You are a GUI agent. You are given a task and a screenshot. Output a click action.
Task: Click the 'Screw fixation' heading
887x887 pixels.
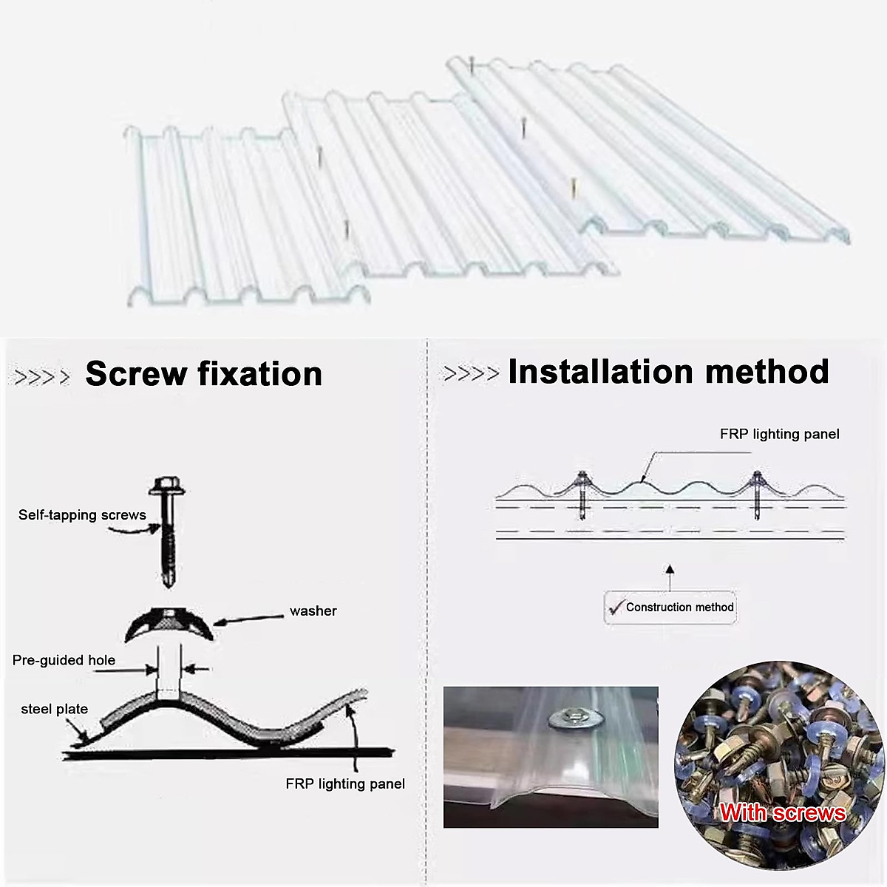coord(203,374)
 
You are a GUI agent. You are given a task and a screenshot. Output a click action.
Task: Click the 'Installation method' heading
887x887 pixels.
coord(668,372)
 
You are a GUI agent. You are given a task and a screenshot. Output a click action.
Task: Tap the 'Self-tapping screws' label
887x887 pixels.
coord(82,515)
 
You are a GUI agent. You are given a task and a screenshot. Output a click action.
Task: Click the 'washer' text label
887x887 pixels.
coord(313,611)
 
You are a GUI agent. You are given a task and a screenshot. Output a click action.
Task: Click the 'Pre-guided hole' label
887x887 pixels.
coord(64,660)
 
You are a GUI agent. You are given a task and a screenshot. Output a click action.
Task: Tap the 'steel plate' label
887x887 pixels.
coord(54,709)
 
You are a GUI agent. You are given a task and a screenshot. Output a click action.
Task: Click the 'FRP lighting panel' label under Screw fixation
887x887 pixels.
coord(345,784)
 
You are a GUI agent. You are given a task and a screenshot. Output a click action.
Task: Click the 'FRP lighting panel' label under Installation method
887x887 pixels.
coord(779,434)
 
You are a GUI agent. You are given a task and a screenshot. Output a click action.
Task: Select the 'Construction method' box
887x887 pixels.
coord(670,608)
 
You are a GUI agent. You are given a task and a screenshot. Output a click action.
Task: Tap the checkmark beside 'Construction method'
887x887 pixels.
coord(615,608)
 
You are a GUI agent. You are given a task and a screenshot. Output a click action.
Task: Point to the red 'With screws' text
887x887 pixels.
coord(782,813)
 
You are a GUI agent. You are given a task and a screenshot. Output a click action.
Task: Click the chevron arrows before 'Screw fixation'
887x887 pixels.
coord(42,377)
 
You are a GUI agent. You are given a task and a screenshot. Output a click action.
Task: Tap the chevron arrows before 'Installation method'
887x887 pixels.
coord(471,374)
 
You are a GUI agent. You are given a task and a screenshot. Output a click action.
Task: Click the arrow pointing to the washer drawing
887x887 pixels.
coord(248,618)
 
